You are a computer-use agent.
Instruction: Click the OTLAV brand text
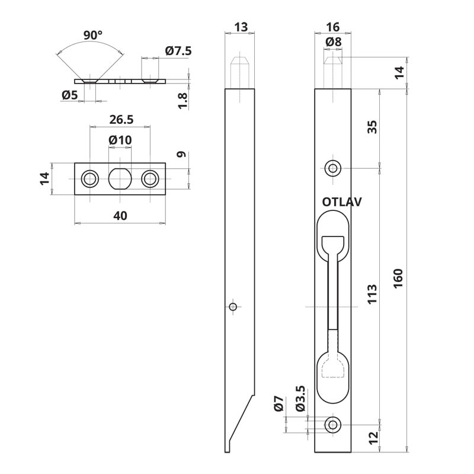(x=342, y=202)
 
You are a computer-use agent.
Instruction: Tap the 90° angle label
(x=93, y=36)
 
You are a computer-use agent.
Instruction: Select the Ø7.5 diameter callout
(x=178, y=52)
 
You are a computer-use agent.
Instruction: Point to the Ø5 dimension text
(x=69, y=94)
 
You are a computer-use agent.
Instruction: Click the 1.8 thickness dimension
(x=182, y=100)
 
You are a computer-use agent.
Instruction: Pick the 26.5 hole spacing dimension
(x=120, y=120)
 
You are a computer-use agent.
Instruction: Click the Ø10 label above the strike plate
(x=120, y=140)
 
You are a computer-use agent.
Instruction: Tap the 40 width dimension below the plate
(x=120, y=216)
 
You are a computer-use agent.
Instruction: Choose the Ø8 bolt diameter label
(x=334, y=42)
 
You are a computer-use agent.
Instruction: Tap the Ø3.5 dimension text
(x=300, y=399)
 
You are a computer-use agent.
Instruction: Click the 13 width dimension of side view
(x=241, y=27)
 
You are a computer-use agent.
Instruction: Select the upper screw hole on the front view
(x=333, y=168)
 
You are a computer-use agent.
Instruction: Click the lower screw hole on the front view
(x=333, y=424)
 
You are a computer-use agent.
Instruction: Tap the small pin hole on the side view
(x=233, y=306)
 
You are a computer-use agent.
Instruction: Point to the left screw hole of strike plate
(x=91, y=178)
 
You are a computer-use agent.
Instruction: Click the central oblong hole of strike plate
(x=120, y=178)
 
